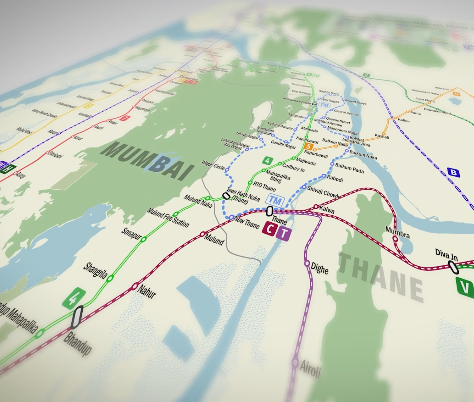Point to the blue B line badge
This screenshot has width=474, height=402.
[454, 173]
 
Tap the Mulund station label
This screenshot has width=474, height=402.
[214, 240]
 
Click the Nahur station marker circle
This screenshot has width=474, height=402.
[135, 286]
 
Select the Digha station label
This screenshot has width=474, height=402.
[319, 268]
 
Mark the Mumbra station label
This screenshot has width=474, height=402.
[397, 232]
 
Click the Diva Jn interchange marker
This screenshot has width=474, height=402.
[454, 267]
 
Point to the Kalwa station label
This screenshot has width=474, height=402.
[327, 210]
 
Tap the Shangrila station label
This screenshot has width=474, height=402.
[95, 270]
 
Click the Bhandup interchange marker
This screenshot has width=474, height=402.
[77, 317]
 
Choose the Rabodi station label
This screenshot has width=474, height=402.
[335, 178]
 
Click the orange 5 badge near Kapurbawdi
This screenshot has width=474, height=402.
[308, 147]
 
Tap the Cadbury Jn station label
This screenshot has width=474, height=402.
[293, 167]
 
